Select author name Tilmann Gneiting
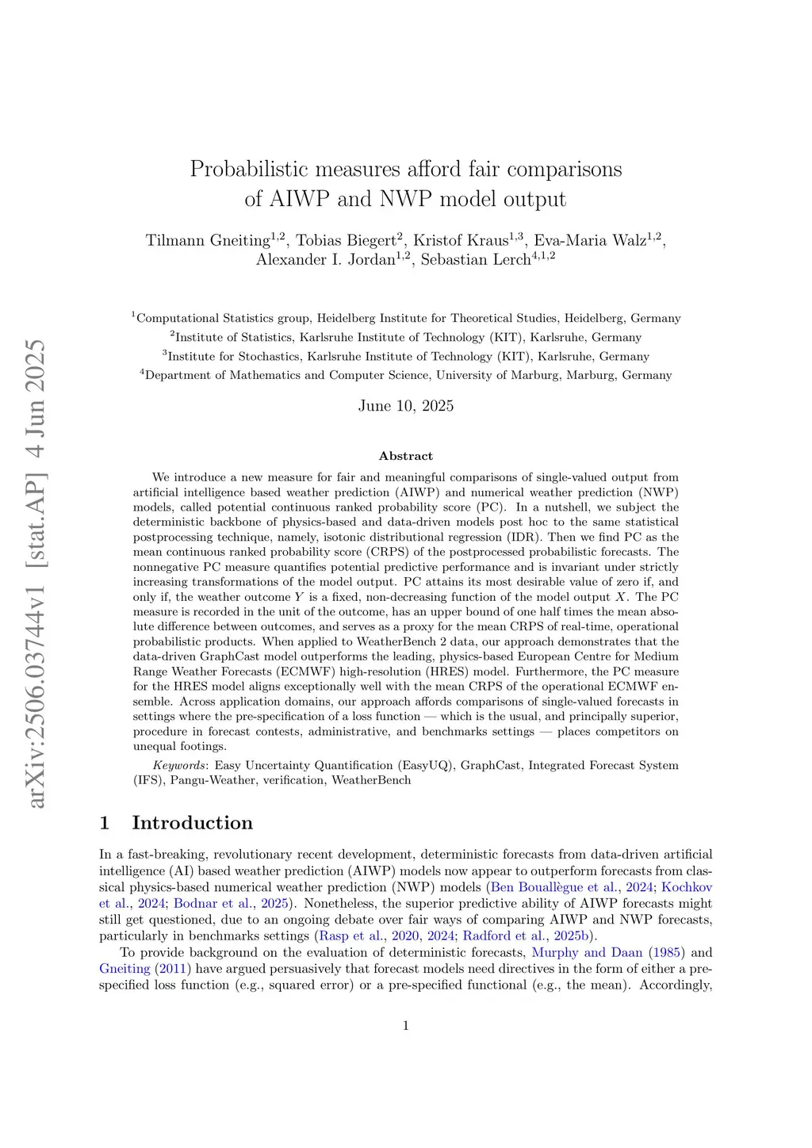coord(208,241)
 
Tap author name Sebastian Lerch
coord(475,260)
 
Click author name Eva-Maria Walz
coord(590,241)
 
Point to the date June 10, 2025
coord(406,406)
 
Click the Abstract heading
coord(406,456)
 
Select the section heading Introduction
coord(192,823)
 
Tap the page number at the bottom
coord(406,1026)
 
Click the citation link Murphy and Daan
coord(587,953)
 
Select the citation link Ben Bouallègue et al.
coord(553,887)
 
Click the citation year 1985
coord(665,953)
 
